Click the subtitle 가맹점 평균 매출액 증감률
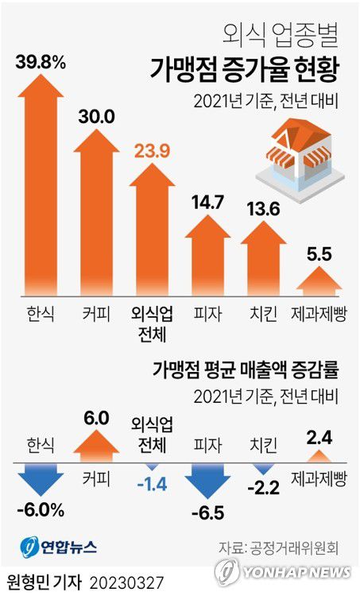pos(245,369)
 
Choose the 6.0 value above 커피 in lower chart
pos(97,416)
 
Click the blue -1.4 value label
pos(152,482)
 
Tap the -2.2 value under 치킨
pos(264,486)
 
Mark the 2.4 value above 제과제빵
pos(319,435)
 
